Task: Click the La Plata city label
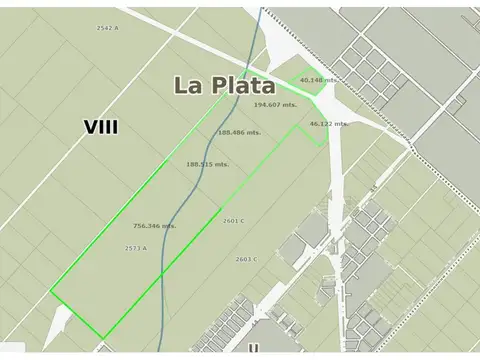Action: (225, 85)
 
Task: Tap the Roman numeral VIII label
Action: (101, 127)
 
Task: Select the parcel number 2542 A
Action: (108, 28)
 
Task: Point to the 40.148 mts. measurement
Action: (318, 80)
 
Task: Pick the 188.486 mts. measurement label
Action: (240, 132)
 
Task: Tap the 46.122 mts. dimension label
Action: (327, 123)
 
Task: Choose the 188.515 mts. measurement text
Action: (207, 164)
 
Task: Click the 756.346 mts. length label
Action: (154, 226)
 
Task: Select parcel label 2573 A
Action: (136, 248)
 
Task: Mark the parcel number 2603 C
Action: (246, 259)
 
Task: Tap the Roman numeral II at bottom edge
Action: (254, 349)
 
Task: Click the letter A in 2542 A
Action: (117, 28)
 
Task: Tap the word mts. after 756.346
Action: (169, 226)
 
